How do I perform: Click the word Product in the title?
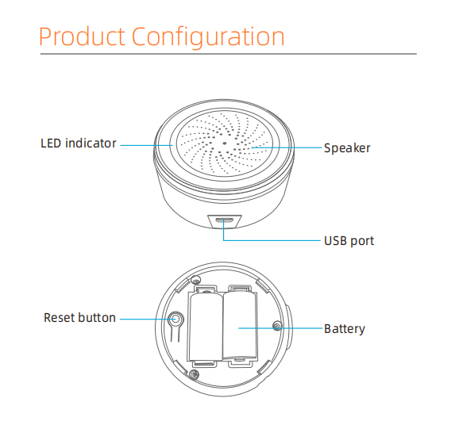(82, 36)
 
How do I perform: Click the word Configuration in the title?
(208, 37)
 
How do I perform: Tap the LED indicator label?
(79, 144)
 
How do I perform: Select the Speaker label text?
(347, 148)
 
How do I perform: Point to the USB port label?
(349, 241)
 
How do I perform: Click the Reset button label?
(79, 318)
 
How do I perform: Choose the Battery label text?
(345, 329)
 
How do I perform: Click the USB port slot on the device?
(225, 220)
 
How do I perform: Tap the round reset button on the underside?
(175, 319)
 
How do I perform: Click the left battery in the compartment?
(206, 327)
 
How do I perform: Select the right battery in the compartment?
(241, 326)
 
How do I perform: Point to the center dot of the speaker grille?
(225, 144)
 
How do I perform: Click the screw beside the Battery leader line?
(277, 326)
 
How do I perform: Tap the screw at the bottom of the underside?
(194, 374)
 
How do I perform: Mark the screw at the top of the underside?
(195, 281)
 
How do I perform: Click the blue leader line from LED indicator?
(146, 145)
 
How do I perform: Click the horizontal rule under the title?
(229, 54)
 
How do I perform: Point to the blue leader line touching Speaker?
(287, 147)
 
